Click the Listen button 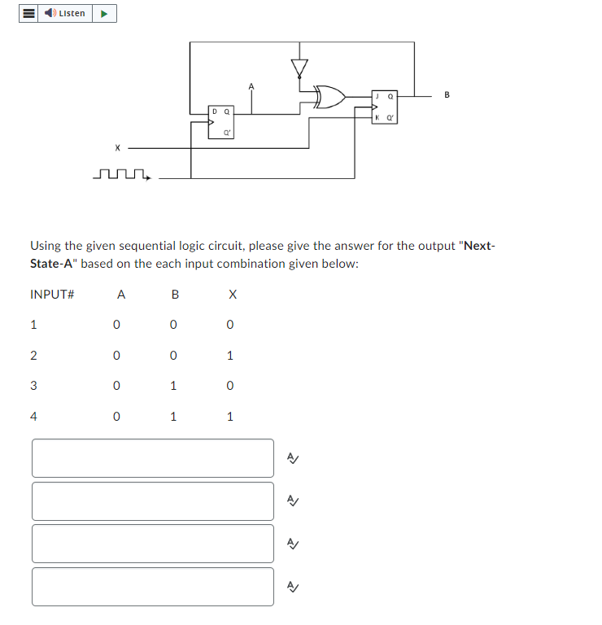pyautogui.click(x=65, y=13)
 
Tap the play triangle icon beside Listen pyautogui.click(x=105, y=13)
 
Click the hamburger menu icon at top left pyautogui.click(x=28, y=13)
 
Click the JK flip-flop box pyautogui.click(x=384, y=107)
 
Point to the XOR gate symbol pyautogui.click(x=329, y=98)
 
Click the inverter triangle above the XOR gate pyautogui.click(x=300, y=68)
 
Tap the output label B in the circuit pyautogui.click(x=447, y=94)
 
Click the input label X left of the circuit pyautogui.click(x=117, y=148)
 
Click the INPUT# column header pyautogui.click(x=52, y=295)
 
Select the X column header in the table pyautogui.click(x=233, y=295)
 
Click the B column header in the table pyautogui.click(x=175, y=295)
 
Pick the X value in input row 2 pyautogui.click(x=230, y=356)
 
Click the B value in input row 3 pyautogui.click(x=173, y=386)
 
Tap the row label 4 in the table pyautogui.click(x=33, y=417)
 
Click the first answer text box pyautogui.click(x=153, y=458)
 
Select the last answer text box pyautogui.click(x=153, y=587)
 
